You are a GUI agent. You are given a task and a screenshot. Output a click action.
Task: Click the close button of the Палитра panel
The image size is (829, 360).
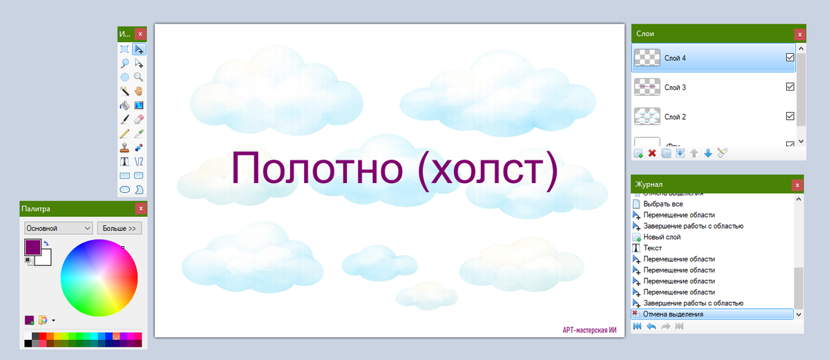(141, 209)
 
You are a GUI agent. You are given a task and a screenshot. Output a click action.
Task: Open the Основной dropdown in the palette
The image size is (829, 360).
(58, 227)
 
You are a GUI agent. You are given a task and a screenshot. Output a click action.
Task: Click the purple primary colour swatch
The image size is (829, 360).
(32, 247)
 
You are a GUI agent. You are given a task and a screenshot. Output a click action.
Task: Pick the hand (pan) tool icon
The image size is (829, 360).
(139, 91)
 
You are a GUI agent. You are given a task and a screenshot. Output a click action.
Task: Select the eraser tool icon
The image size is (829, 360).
(139, 119)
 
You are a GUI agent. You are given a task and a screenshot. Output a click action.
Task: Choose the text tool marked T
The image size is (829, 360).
(125, 161)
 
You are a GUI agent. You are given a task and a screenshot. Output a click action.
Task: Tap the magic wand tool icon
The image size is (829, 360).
(125, 91)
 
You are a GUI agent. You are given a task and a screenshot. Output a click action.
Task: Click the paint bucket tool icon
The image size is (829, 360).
(125, 105)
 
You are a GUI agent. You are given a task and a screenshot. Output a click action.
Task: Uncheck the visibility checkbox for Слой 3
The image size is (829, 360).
(790, 87)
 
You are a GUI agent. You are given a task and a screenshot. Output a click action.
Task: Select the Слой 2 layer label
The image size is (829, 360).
(675, 117)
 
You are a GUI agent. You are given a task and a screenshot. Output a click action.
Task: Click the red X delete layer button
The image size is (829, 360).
(652, 153)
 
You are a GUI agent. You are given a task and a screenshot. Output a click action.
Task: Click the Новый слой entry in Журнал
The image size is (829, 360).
(662, 237)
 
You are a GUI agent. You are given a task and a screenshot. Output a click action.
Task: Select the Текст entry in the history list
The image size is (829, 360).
(653, 248)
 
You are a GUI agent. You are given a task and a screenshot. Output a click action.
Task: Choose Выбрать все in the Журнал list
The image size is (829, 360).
(663, 204)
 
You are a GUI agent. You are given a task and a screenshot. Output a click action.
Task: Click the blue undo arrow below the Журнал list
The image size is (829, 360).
(651, 326)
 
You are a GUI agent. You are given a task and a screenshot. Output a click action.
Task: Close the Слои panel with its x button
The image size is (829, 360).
(799, 33)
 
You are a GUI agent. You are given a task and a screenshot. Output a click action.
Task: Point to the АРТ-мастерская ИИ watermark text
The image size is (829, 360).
(589, 330)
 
